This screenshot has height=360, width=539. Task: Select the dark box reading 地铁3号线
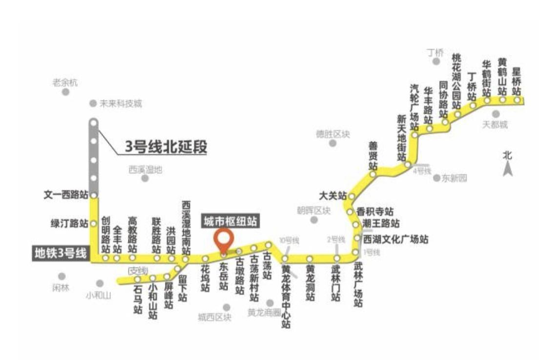(x=60, y=253)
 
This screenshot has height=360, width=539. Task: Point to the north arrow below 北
(x=508, y=169)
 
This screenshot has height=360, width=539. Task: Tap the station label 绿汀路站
(x=69, y=224)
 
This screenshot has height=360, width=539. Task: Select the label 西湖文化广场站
(x=395, y=239)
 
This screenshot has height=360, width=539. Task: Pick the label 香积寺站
(x=375, y=212)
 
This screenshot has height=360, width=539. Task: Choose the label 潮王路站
(x=381, y=224)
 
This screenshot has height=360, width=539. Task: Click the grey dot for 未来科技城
(x=93, y=104)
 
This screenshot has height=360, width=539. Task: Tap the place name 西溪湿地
(x=145, y=170)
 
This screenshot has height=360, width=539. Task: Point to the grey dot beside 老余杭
(x=65, y=93)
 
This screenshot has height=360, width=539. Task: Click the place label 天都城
(x=495, y=125)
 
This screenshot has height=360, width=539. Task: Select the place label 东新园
(x=454, y=178)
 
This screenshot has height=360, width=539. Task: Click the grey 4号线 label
(x=422, y=171)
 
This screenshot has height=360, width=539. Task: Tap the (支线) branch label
(x=138, y=270)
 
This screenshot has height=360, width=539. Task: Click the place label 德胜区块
(x=332, y=134)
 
